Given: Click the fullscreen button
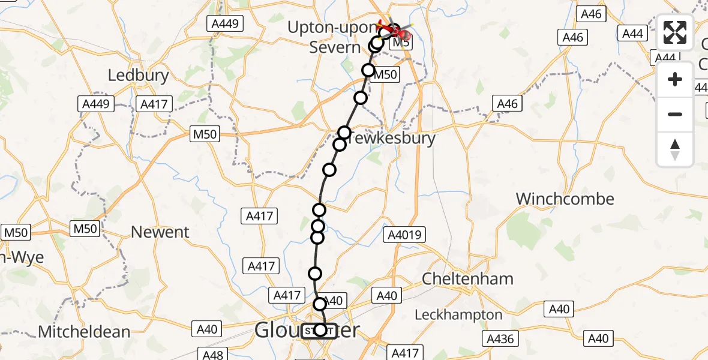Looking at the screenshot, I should [675, 33].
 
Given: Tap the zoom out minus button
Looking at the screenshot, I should [675, 114].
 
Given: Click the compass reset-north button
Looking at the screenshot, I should [675, 149].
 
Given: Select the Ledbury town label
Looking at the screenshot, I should [138, 76].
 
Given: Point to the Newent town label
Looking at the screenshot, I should [160, 232].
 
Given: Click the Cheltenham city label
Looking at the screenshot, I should [468, 279].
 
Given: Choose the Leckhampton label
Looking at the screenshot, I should [459, 314].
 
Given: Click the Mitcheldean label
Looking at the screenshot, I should [84, 332].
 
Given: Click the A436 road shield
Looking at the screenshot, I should [500, 339].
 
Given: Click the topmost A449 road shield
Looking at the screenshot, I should [225, 24].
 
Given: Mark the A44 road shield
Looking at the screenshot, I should [633, 34].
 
